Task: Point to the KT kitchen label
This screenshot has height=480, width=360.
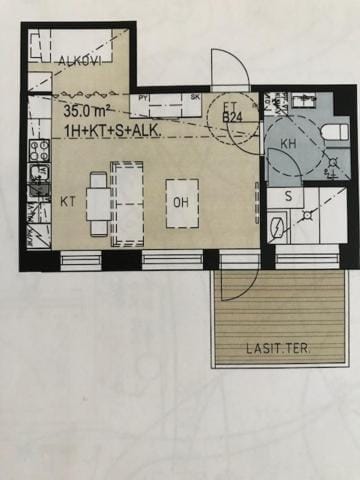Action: (68, 201)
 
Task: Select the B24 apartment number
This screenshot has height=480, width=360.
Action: (233, 118)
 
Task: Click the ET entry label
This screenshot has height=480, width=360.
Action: (229, 105)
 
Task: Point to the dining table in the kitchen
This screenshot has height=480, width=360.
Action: (98, 203)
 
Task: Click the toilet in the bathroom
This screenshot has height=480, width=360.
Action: (333, 132)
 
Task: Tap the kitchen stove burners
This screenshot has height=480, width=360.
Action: (39, 150)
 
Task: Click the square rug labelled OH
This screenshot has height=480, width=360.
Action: (181, 204)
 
